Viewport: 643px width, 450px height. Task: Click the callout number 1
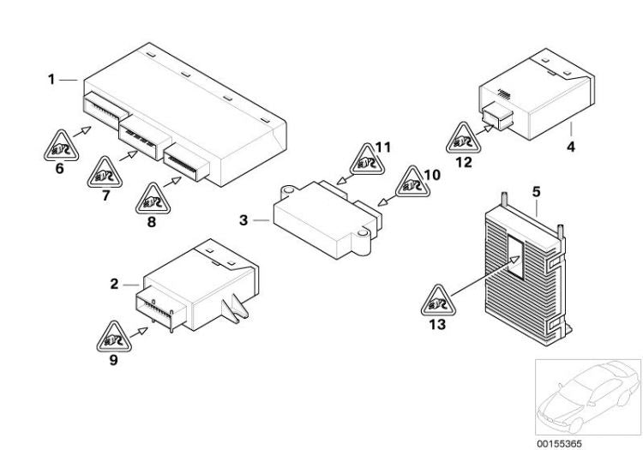tap(51, 79)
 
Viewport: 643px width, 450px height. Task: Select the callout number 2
tap(114, 282)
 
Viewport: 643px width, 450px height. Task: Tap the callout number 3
tap(243, 220)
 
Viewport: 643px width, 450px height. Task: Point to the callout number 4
tap(570, 147)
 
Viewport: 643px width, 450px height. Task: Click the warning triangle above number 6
tap(59, 147)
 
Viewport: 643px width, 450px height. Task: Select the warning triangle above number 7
tap(105, 174)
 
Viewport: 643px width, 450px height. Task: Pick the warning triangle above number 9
tap(114, 337)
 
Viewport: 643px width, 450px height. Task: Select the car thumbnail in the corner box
tap(586, 397)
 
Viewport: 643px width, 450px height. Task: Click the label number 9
tap(113, 360)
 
